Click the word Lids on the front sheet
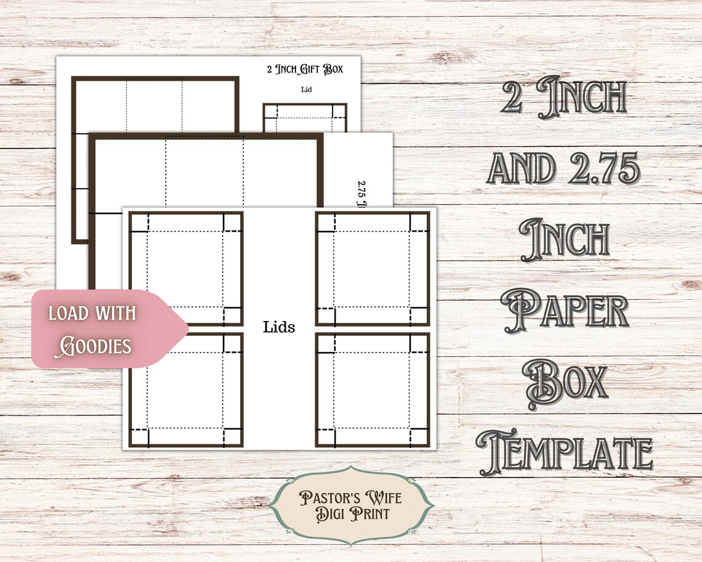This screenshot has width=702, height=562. [x=279, y=327]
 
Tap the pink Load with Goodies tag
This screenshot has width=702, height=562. [x=105, y=329]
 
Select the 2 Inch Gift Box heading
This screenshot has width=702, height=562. [x=304, y=70]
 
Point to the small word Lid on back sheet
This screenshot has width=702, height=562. [x=306, y=89]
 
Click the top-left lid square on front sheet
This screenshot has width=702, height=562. [x=186, y=268]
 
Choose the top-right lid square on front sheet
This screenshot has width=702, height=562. [x=372, y=268]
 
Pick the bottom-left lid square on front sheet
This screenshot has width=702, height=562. [x=186, y=390]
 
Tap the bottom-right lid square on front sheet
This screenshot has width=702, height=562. [x=372, y=390]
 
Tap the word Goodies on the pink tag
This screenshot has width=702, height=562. [x=93, y=346]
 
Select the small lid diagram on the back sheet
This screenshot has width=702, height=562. [x=305, y=118]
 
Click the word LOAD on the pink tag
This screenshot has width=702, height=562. [x=68, y=313]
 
